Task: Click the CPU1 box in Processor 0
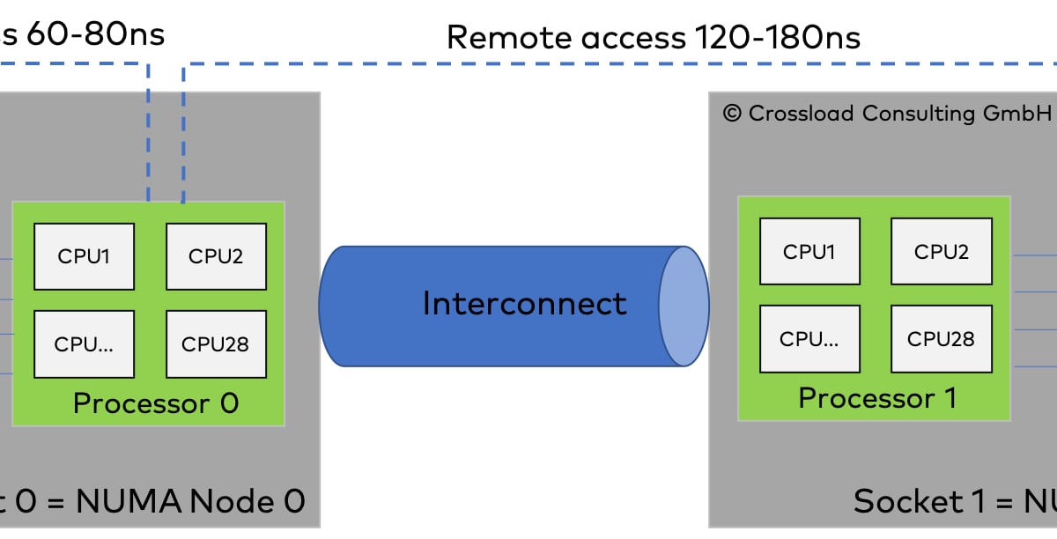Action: click(85, 256)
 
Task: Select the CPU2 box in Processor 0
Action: click(216, 256)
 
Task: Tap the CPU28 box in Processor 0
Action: click(216, 343)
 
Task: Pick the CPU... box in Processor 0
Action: click(85, 343)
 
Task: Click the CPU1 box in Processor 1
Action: click(809, 251)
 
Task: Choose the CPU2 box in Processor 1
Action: click(942, 251)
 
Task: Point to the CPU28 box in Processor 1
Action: click(942, 338)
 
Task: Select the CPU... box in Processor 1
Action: click(809, 338)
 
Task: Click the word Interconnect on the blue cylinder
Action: click(525, 304)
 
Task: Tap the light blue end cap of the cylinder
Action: click(684, 306)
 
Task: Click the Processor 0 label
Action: click(156, 403)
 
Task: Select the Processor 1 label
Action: click(877, 398)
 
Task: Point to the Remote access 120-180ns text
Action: click(653, 37)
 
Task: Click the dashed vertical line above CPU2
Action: click(182, 132)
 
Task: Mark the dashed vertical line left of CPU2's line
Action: click(148, 132)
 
